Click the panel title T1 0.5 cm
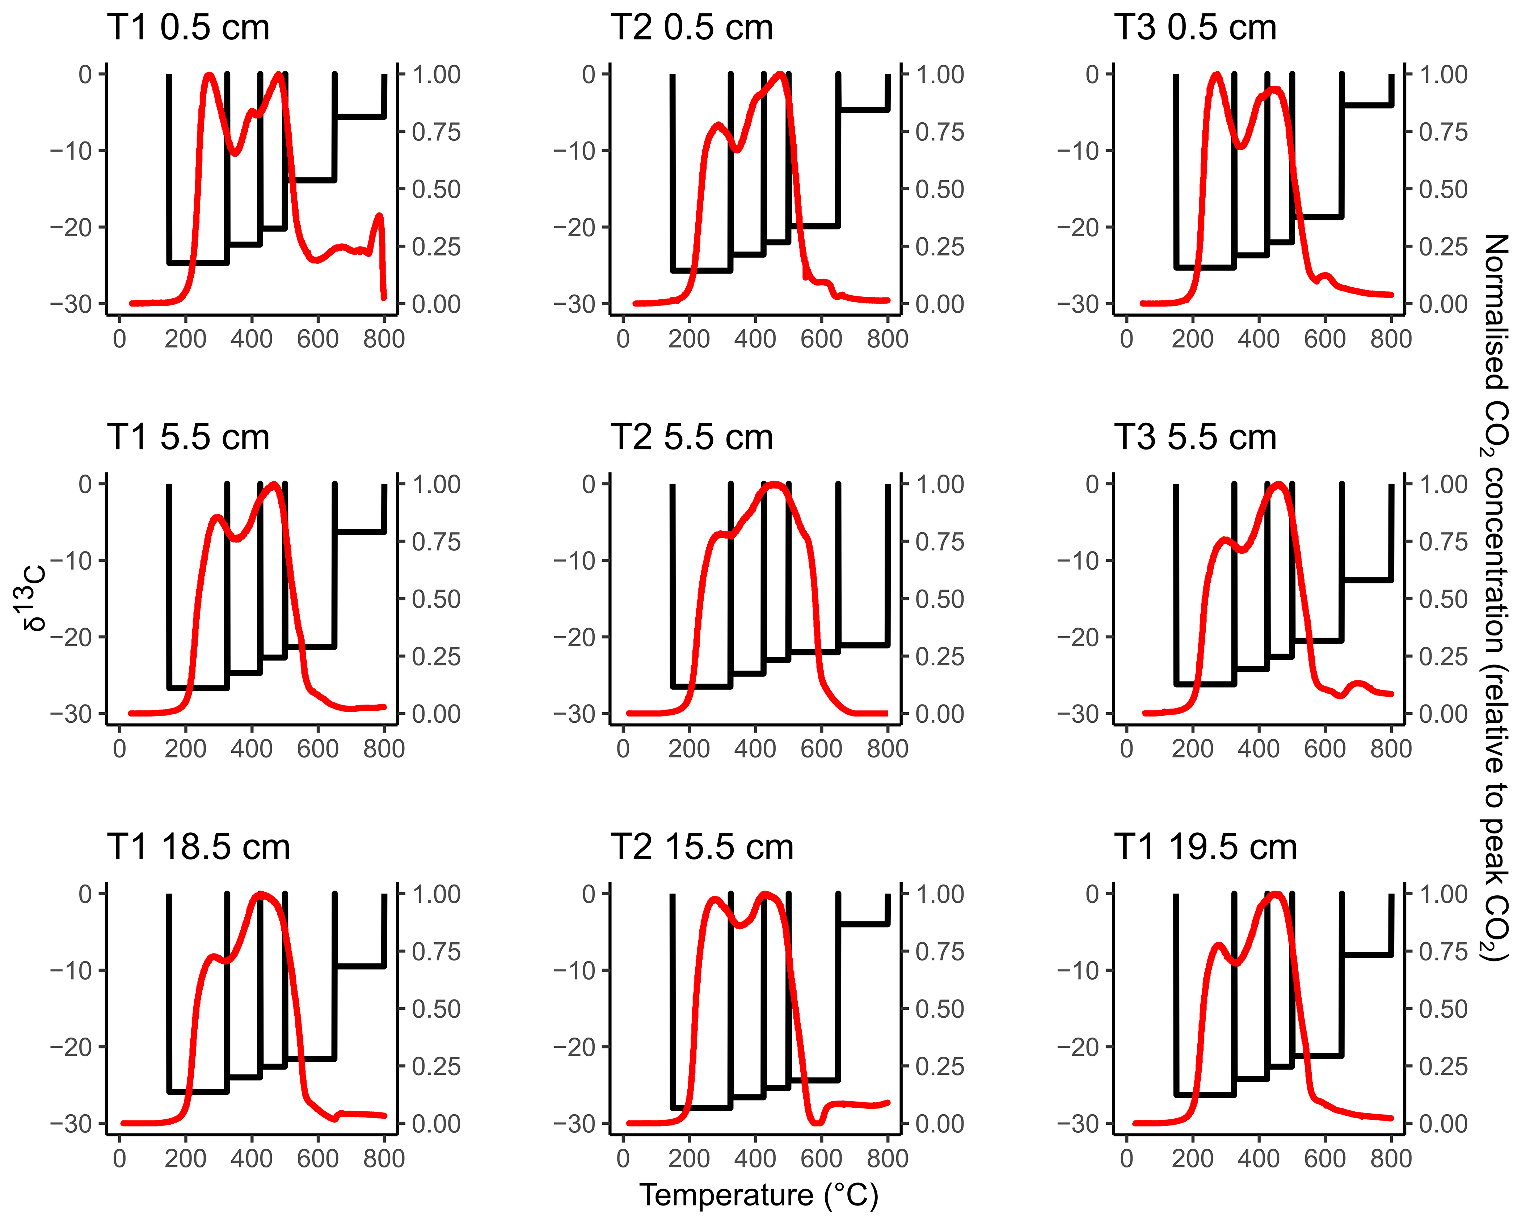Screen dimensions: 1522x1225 [189, 28]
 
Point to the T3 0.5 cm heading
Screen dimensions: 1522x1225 [1196, 28]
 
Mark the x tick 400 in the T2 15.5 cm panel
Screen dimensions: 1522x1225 [755, 1159]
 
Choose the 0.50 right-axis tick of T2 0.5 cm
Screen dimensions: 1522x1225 [940, 189]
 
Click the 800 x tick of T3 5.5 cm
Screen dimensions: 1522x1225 [1391, 749]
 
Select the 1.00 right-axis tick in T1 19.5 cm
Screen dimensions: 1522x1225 [1443, 894]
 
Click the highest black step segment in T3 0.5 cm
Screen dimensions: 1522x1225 [1367, 105]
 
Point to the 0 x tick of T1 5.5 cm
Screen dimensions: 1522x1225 [119, 749]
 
